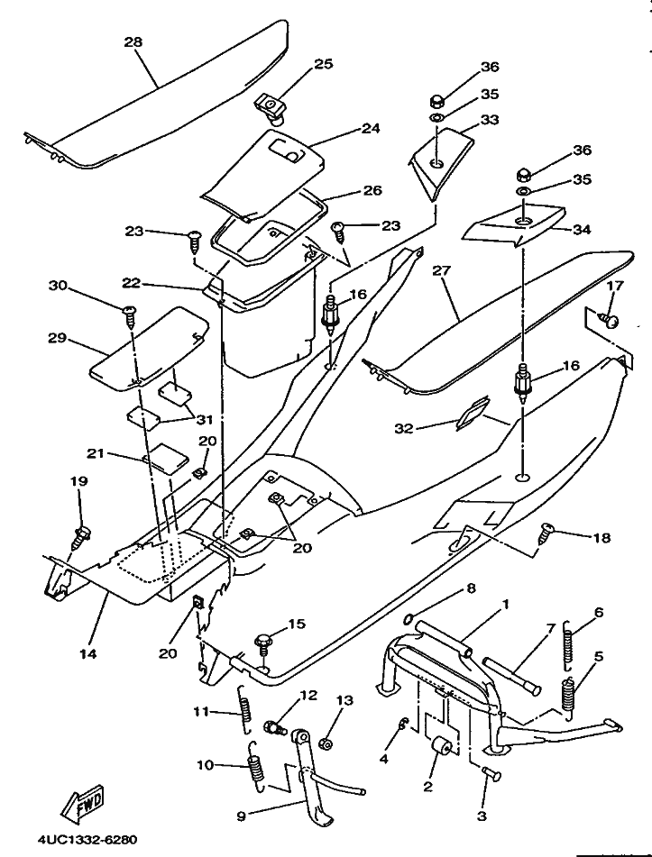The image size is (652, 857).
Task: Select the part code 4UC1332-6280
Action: pyautogui.click(x=87, y=840)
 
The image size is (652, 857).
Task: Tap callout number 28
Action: pyautogui.click(x=133, y=42)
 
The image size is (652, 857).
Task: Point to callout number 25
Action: pyautogui.click(x=323, y=64)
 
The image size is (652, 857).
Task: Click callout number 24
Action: pyautogui.click(x=371, y=128)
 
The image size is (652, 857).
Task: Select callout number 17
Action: pyautogui.click(x=614, y=286)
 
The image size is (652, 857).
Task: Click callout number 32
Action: pyautogui.click(x=403, y=428)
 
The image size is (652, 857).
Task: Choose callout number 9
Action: pyautogui.click(x=241, y=816)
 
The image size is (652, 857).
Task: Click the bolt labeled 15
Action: pyautogui.click(x=262, y=642)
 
